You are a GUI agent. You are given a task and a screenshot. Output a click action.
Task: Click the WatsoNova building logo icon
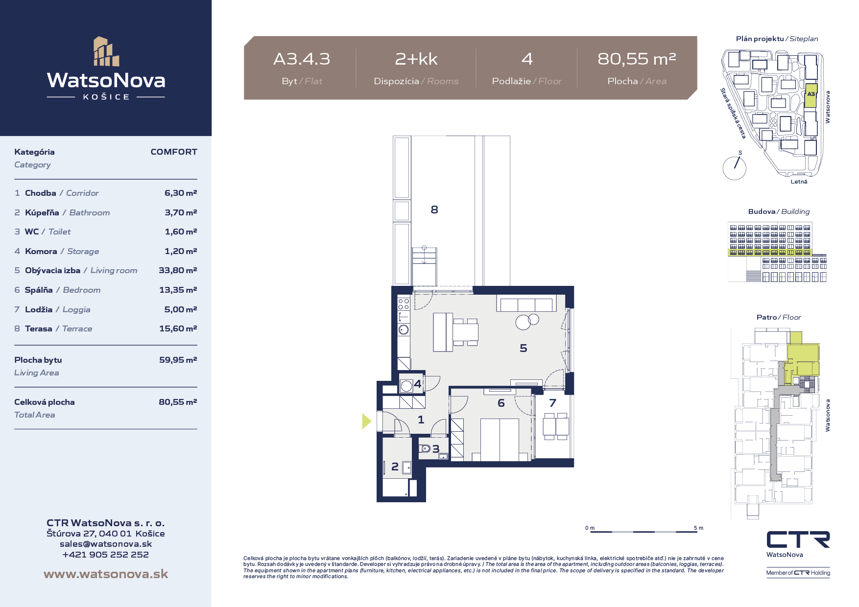click(x=106, y=51)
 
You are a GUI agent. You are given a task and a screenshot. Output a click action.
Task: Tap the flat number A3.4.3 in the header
click(x=302, y=59)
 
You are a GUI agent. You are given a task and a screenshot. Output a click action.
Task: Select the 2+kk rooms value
click(x=416, y=59)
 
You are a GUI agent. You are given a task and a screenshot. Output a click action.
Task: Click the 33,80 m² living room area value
click(x=178, y=270)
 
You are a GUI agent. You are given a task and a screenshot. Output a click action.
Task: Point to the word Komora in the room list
click(x=41, y=251)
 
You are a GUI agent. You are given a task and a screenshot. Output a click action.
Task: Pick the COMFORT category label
click(x=174, y=152)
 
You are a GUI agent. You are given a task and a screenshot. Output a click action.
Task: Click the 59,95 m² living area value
click(x=178, y=360)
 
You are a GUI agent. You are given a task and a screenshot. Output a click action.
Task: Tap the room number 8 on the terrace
click(x=434, y=210)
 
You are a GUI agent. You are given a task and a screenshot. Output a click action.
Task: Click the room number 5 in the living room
click(x=524, y=348)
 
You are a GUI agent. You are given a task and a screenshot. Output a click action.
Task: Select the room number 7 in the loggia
click(x=553, y=403)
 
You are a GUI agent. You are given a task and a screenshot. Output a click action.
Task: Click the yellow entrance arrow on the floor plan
click(x=366, y=421)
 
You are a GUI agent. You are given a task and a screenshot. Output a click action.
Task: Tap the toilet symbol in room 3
click(x=425, y=448)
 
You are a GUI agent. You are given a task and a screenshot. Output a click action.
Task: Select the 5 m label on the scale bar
click(x=698, y=528)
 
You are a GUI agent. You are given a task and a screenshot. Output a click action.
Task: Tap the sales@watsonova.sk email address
click(x=106, y=544)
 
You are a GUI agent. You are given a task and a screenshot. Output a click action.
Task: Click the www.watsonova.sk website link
click(x=106, y=574)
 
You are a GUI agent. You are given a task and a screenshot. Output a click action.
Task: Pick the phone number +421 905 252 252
click(x=106, y=555)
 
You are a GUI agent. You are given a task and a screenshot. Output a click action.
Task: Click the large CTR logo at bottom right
click(x=798, y=539)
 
